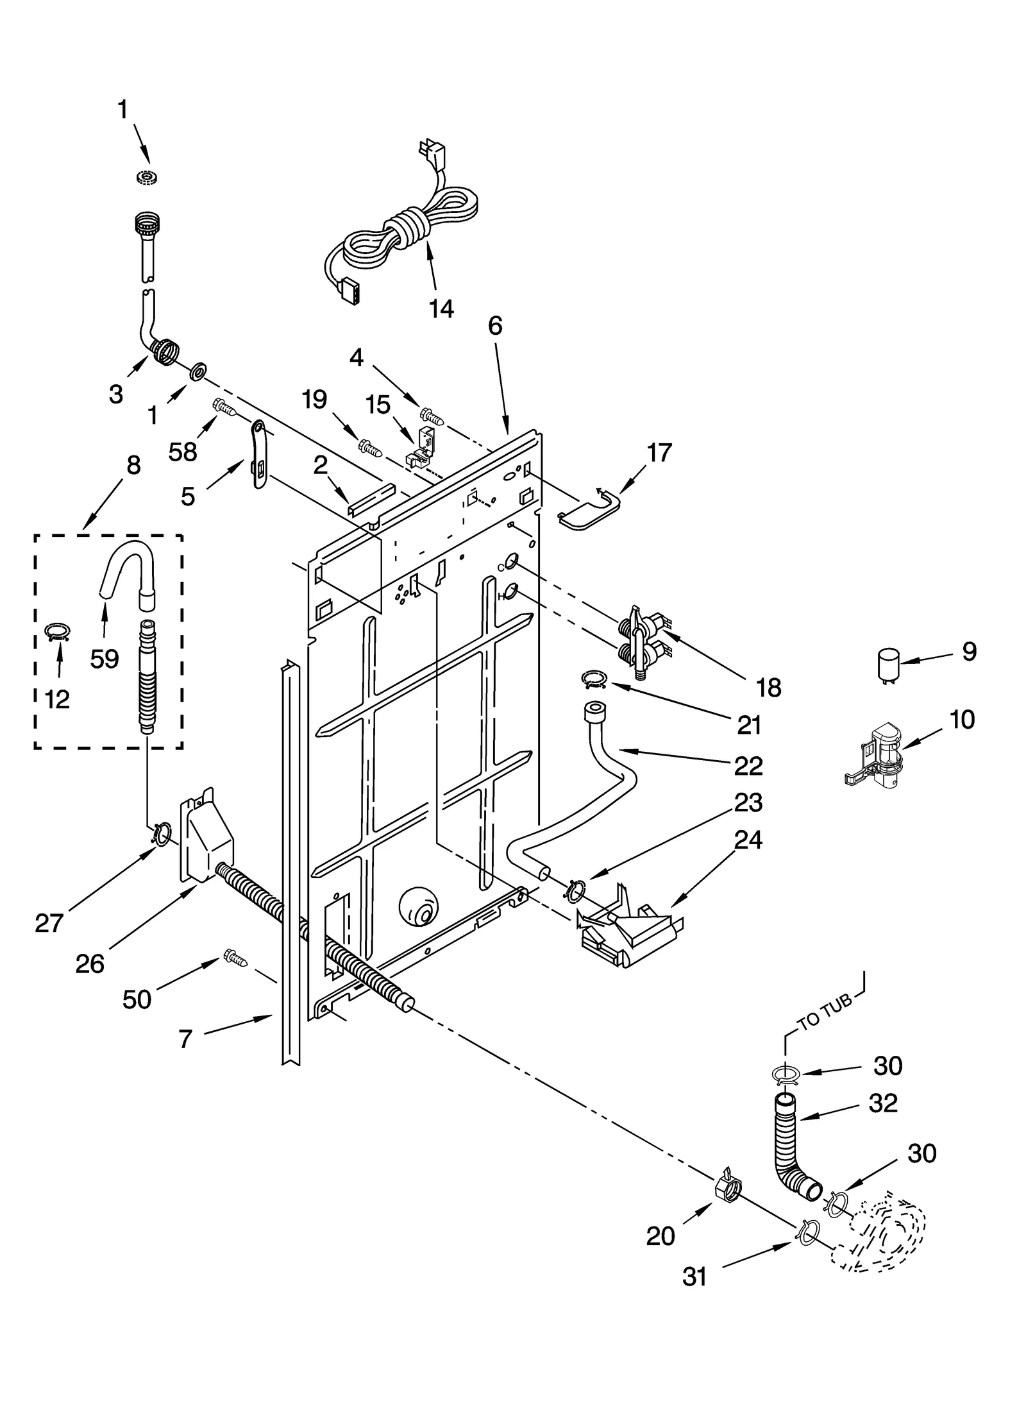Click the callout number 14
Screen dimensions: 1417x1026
[441, 309]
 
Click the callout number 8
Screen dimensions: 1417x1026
[133, 465]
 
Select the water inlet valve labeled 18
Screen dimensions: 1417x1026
[643, 640]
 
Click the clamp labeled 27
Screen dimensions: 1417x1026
[162, 835]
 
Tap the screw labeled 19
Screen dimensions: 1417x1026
[371, 447]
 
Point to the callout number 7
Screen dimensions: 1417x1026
[185, 1039]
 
